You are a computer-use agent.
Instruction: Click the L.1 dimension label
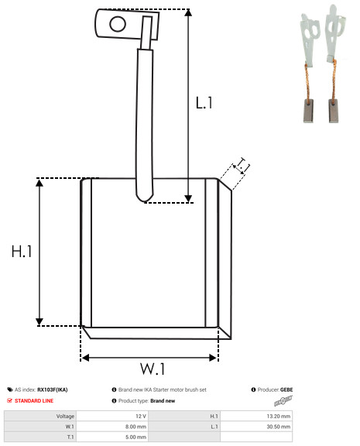pos(204,103)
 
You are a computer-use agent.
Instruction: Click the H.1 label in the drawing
pos(22,252)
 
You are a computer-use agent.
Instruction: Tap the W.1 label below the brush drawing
pos(153,369)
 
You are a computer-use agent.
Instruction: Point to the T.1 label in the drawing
pos(242,166)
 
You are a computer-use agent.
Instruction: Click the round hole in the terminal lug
pos(118,24)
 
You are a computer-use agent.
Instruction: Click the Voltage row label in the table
pos(65,416)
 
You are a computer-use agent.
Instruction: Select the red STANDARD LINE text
pos(34,401)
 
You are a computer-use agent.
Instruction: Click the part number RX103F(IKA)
pos(53,389)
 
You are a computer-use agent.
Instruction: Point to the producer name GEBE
pos(286,389)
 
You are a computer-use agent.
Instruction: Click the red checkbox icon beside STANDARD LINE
pos(9,400)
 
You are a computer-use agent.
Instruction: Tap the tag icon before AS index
pos(10,389)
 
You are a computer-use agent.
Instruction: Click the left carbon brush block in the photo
pos(309,111)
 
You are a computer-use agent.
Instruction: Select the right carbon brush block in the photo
pos(334,111)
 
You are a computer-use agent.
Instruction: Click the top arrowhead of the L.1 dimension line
pos(188,12)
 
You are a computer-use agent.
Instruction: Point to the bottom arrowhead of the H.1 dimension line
pos(39,321)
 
